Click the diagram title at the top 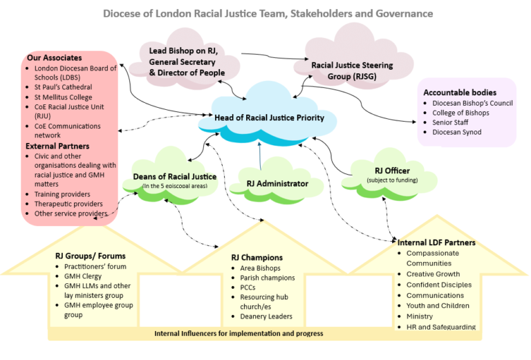pos(268,13)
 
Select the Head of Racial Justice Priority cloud pos(269,117)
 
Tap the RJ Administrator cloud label pos(277,183)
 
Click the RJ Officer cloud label pos(392,171)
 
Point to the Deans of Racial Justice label pos(179,176)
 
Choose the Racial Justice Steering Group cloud pos(352,70)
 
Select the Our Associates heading pos(54,57)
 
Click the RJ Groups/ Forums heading pos(91,256)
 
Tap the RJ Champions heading pos(257,258)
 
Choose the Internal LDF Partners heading pos(436,243)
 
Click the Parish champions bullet pos(268,278)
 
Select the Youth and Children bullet pos(438,305)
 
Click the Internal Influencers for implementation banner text pos(239,334)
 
